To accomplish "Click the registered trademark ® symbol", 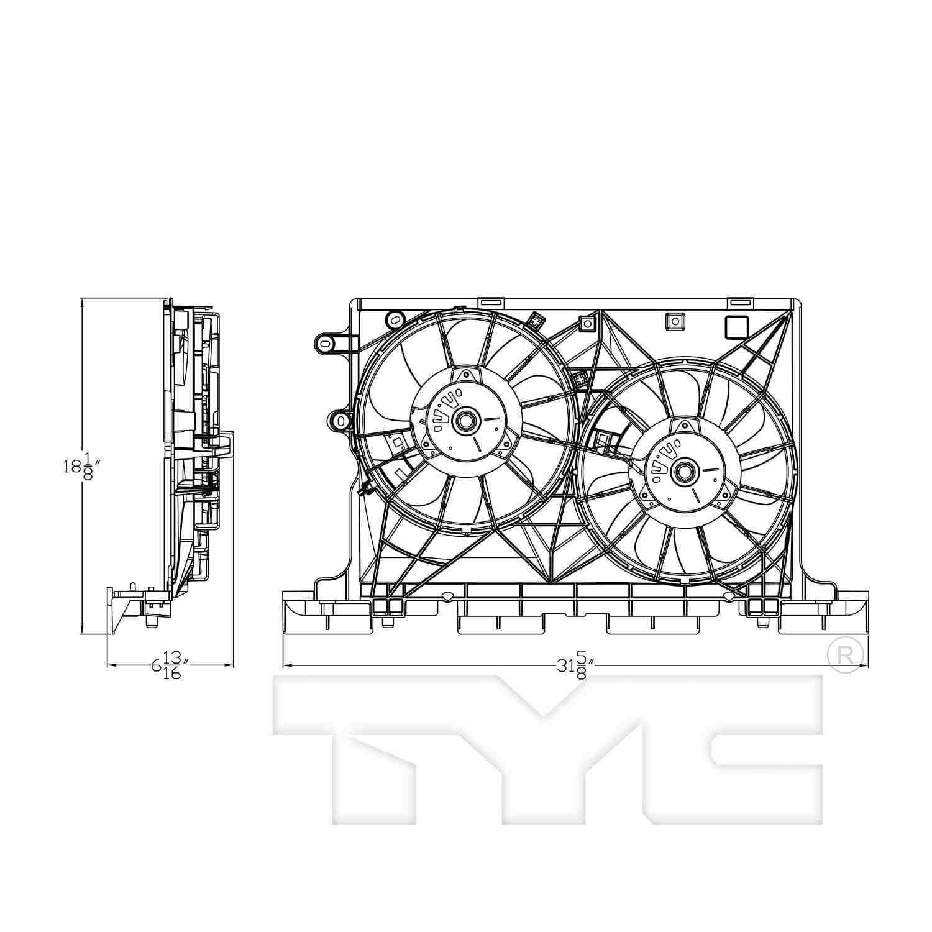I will [846, 655].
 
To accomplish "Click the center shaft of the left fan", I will [464, 421].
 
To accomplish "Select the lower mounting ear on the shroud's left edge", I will [340, 421].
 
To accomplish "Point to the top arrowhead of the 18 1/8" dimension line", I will [83, 303].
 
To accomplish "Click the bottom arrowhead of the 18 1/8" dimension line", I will [83, 630].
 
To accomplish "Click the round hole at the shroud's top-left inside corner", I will [394, 319].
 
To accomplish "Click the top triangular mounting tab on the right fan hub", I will [685, 426].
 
